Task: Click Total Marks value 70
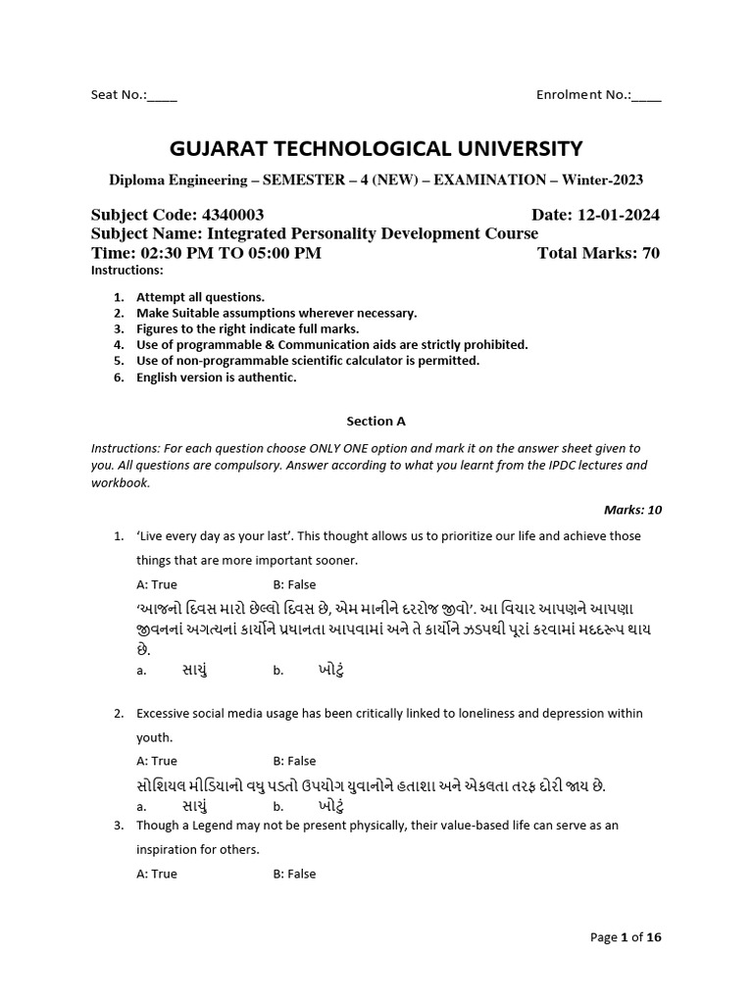point(649,253)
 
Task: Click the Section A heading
point(376,421)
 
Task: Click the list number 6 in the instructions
point(119,376)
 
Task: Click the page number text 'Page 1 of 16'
point(626,937)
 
